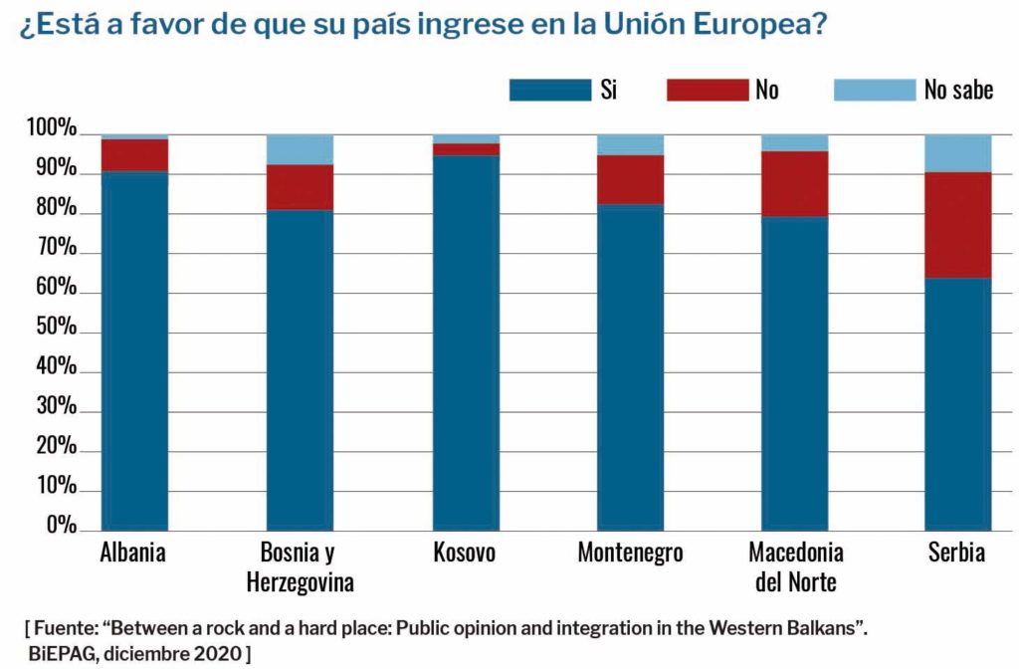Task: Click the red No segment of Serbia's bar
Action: (x=958, y=225)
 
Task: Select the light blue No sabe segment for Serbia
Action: (x=958, y=153)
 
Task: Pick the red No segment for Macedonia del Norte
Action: (x=795, y=183)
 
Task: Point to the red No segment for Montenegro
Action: (x=630, y=179)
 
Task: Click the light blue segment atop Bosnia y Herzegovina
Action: (x=301, y=149)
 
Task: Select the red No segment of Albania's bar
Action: (x=135, y=154)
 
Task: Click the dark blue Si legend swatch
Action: (x=549, y=91)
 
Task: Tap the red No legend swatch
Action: (x=707, y=91)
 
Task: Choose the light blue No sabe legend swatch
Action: (x=874, y=91)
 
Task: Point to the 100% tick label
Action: (x=51, y=129)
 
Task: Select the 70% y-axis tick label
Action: (x=55, y=249)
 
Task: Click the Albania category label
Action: (x=134, y=554)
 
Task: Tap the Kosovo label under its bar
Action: (x=466, y=554)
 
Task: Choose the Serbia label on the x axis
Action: (x=958, y=554)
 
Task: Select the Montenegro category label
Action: (x=630, y=554)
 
